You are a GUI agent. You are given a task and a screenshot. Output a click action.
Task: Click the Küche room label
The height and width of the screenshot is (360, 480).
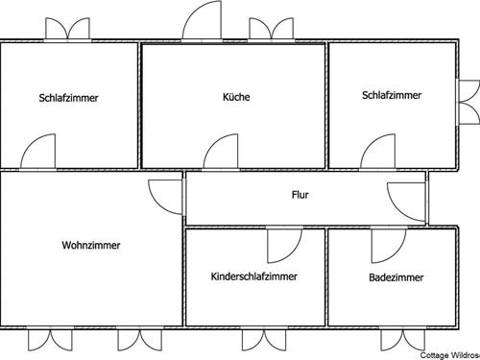pos(235,97)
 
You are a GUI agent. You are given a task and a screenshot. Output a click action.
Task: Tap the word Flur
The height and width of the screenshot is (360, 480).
pos(300,195)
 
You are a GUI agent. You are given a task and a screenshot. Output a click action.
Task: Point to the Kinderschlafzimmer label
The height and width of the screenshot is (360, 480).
pos(253,276)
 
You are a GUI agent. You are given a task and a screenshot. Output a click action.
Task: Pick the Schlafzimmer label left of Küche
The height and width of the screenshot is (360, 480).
pos(69,98)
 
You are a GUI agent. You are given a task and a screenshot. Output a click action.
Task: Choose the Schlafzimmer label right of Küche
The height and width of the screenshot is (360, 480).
pos(391,95)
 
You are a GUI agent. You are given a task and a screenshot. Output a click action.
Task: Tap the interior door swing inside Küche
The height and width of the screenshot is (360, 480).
pos(222,152)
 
